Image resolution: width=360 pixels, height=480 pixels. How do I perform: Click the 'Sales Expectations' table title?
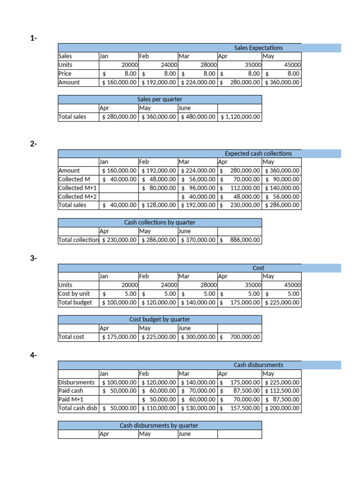(258, 48)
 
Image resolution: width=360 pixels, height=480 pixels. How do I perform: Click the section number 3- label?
(33, 258)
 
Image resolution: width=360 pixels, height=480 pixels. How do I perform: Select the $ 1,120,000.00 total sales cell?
(240, 117)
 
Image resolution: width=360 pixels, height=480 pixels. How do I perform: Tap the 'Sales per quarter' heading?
(160, 99)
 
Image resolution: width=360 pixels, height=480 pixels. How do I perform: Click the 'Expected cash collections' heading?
(258, 154)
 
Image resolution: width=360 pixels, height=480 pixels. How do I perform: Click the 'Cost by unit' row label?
(74, 294)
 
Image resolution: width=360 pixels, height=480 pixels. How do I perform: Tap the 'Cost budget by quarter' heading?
(160, 320)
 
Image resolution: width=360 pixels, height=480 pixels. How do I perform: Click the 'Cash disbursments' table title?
(258, 365)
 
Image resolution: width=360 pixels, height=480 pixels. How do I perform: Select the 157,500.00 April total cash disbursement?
(245, 408)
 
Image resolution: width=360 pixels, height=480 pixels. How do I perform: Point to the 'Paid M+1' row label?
(71, 399)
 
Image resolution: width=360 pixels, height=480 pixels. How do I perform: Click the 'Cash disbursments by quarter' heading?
(159, 426)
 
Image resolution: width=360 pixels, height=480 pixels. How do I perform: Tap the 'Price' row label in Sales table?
(65, 74)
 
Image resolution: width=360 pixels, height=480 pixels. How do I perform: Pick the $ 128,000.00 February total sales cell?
(159, 205)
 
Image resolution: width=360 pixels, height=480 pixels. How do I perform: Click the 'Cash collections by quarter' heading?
(160, 223)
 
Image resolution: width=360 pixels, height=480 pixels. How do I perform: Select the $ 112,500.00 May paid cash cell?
(282, 391)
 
